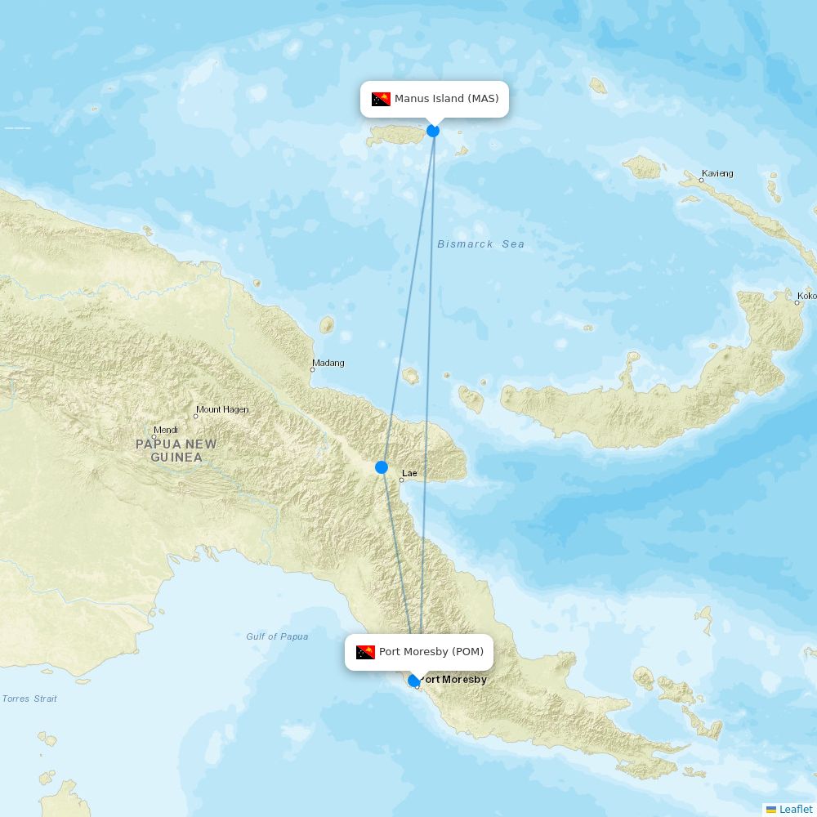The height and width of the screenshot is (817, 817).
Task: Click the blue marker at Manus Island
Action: pyautogui.click(x=433, y=131)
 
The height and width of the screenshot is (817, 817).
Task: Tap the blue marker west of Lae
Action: pyautogui.click(x=382, y=467)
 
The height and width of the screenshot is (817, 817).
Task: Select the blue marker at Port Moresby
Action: pyautogui.click(x=414, y=680)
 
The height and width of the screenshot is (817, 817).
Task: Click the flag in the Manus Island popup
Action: pyautogui.click(x=381, y=100)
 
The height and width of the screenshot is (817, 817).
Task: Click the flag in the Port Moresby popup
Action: pyautogui.click(x=365, y=652)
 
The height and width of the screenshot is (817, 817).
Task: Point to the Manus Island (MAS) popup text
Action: pyautogui.click(x=446, y=99)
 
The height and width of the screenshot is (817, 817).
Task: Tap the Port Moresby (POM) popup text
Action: pyautogui.click(x=431, y=652)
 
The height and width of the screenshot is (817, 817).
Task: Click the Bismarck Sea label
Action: pyautogui.click(x=480, y=244)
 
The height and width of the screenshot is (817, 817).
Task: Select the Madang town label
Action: pyautogui.click(x=328, y=363)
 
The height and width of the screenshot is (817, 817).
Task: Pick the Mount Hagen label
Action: pyautogui.click(x=222, y=409)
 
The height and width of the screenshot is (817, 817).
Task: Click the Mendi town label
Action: pyautogui.click(x=166, y=429)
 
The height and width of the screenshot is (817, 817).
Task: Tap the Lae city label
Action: pyautogui.click(x=409, y=473)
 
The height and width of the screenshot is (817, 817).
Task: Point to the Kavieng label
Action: pyautogui.click(x=717, y=173)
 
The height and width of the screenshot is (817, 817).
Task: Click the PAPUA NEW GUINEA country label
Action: pyautogui.click(x=176, y=451)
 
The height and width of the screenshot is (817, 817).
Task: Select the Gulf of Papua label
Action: pyautogui.click(x=277, y=636)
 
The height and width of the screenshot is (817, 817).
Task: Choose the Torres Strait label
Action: pyautogui.click(x=29, y=699)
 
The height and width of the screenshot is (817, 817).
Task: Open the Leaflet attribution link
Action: pyautogui.click(x=795, y=809)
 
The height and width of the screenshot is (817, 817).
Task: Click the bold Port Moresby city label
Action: pyautogui.click(x=453, y=680)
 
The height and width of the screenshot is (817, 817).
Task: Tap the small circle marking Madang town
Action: pyautogui.click(x=312, y=370)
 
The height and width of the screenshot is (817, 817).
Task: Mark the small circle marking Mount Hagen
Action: pyautogui.click(x=195, y=417)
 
